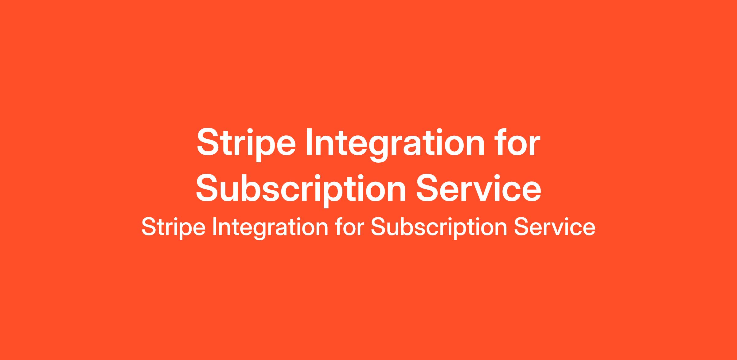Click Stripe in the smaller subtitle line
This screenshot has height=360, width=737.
click(x=173, y=227)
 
